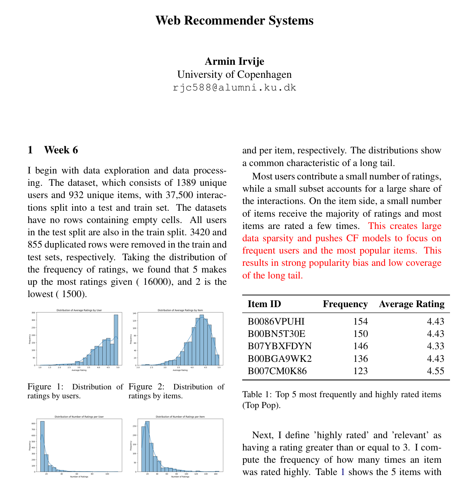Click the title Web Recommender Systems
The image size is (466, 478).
(234, 20)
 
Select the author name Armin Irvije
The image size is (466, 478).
(234, 61)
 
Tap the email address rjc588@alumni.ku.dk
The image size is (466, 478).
(234, 88)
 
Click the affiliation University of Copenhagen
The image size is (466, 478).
(234, 74)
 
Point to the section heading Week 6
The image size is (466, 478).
(61, 150)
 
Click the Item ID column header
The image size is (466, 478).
(264, 304)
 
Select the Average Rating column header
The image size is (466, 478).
(411, 304)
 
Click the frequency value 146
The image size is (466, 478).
(360, 346)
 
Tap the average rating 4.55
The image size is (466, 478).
(435, 371)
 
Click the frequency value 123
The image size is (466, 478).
(360, 371)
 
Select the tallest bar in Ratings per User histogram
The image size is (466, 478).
(42, 446)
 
